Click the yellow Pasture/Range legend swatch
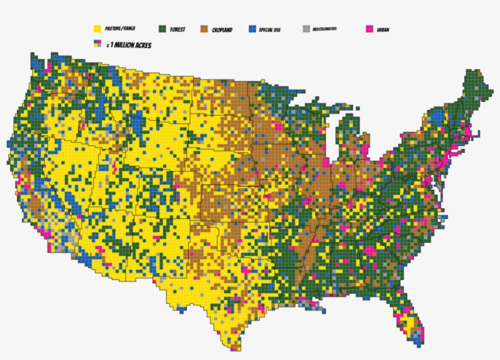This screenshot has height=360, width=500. [x=96, y=29]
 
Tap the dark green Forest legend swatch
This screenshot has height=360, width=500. [x=162, y=29]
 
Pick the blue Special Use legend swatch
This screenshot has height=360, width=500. [x=252, y=29]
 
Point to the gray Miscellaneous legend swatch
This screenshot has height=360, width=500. [x=306, y=29]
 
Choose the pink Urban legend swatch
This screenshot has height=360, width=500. [x=369, y=29]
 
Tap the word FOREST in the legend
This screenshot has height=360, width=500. [x=178, y=29]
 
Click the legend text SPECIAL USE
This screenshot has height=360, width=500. [x=270, y=29]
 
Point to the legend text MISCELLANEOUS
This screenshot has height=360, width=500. [x=325, y=29]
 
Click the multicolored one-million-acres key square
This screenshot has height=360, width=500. [x=96, y=44]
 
